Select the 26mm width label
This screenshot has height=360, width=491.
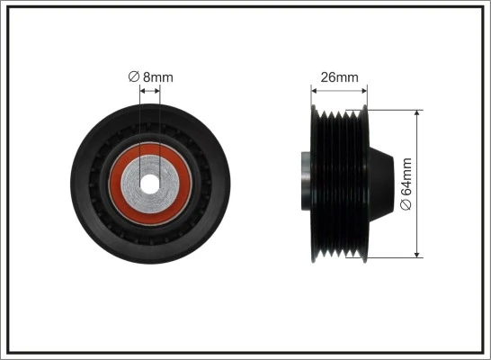tap(340, 77)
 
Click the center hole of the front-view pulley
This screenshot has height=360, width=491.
tap(151, 176)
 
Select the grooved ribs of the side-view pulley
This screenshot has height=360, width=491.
tap(342, 180)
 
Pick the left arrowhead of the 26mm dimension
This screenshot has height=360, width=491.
tap(314, 88)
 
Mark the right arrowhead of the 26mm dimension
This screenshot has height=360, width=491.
tap(365, 88)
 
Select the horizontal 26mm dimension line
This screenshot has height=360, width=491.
tap(340, 88)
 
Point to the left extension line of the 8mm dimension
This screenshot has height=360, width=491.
tap(142, 117)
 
